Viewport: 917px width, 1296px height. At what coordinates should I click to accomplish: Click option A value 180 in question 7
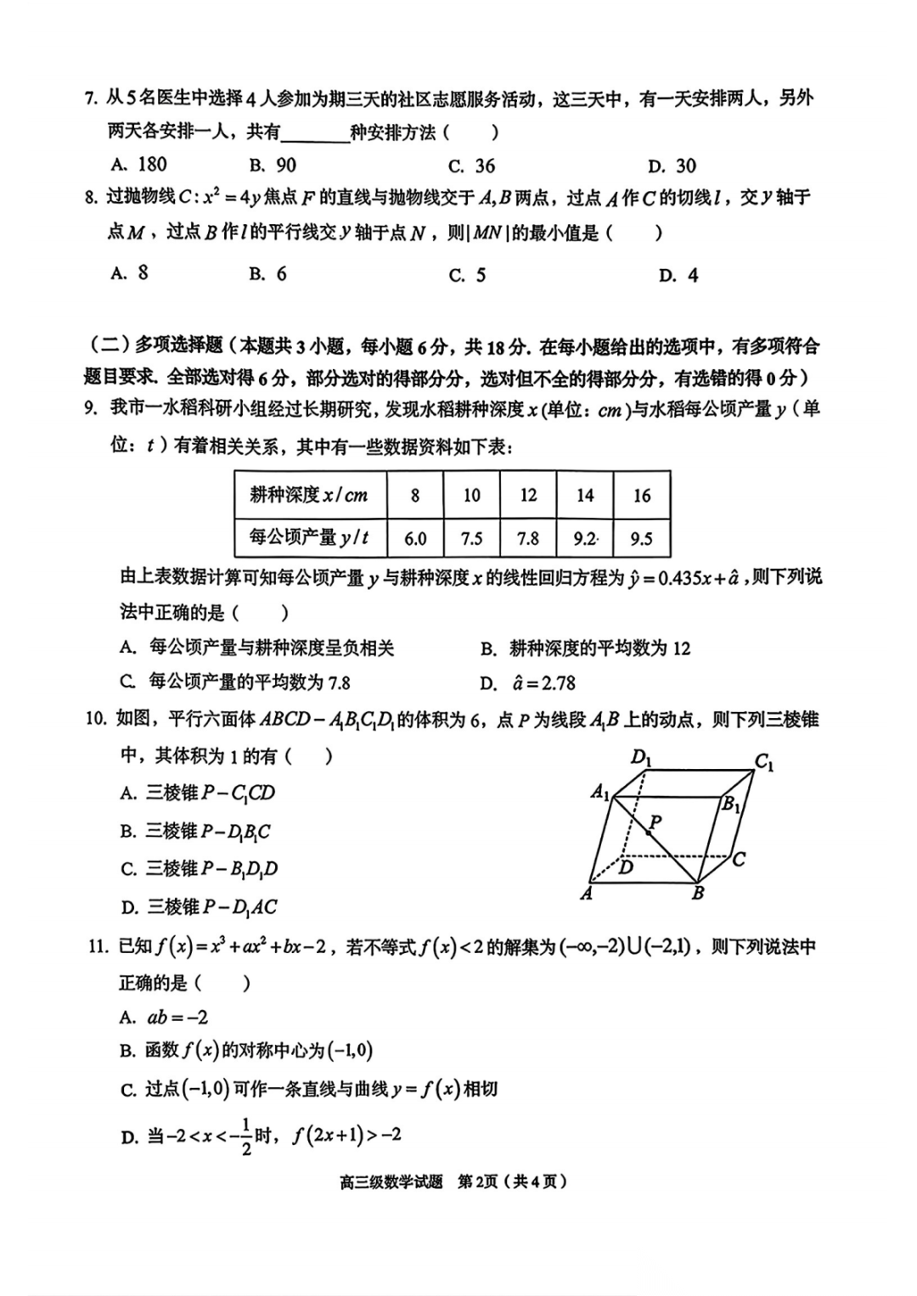pos(140,165)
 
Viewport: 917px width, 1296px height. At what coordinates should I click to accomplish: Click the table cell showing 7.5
pos(471,538)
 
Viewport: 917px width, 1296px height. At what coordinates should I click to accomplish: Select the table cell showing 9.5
pos(642,538)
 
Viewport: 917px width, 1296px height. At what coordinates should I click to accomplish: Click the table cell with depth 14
pos(585,495)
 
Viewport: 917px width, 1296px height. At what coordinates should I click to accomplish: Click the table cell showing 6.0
pos(415,538)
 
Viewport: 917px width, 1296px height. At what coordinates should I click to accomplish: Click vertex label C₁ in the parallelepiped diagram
pos(764,762)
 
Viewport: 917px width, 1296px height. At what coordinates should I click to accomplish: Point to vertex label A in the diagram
pos(586,893)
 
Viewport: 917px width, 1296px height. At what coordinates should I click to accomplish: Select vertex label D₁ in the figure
pos(641,757)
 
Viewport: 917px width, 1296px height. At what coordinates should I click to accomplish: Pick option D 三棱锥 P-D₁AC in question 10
pos(200,906)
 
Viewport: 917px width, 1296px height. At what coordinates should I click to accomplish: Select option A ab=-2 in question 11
pos(166,1017)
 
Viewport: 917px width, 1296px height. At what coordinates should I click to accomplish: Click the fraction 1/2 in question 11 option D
pos(246,1136)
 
